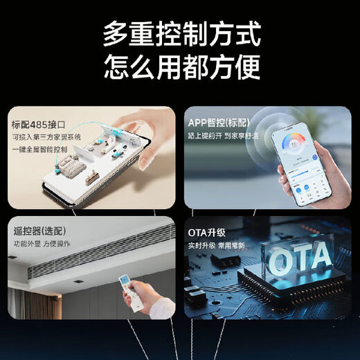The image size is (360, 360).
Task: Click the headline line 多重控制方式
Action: (181, 33)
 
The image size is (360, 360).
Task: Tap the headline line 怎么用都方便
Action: (181, 68)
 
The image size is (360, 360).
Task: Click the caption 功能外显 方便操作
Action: (43, 243)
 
